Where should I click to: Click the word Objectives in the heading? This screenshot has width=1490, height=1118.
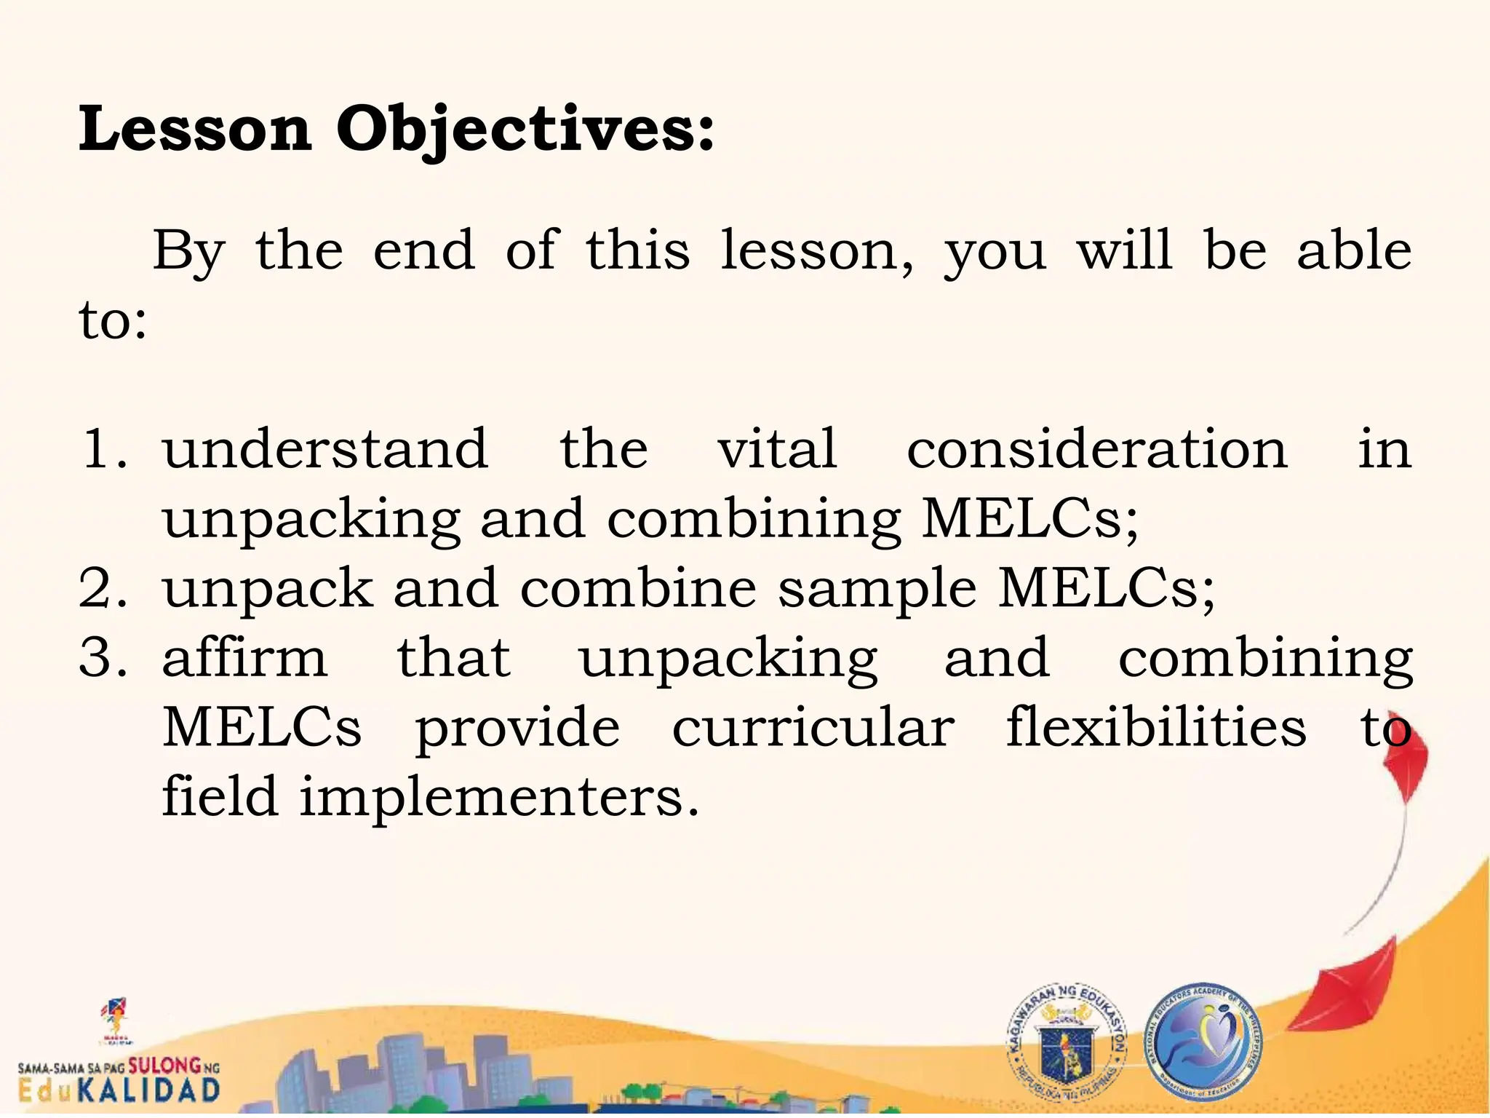click(x=525, y=130)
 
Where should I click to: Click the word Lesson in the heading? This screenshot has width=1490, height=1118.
click(x=195, y=130)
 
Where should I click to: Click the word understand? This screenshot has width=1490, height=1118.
click(x=324, y=449)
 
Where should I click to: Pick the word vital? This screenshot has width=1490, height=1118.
click(x=777, y=449)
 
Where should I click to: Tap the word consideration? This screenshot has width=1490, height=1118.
click(x=1096, y=449)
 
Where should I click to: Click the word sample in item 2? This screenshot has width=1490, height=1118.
click(x=877, y=590)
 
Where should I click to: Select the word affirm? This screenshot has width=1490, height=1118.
click(x=244, y=658)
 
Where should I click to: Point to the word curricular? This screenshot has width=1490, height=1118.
click(x=813, y=728)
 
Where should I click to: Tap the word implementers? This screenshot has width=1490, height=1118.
click(x=498, y=798)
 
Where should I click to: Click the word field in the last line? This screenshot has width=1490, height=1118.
click(x=220, y=796)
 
